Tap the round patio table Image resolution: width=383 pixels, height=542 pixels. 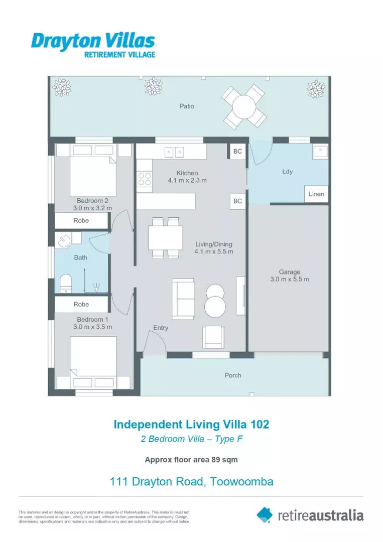click(x=244, y=106)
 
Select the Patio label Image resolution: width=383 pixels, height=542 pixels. click(x=187, y=106)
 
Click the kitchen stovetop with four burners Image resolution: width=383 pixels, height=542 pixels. click(x=145, y=180)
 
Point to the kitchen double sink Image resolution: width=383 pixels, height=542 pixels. click(x=174, y=151)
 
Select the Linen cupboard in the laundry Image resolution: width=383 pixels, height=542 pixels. click(x=316, y=194)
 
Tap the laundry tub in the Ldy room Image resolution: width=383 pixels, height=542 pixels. click(x=319, y=152)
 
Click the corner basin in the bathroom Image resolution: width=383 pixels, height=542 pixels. click(x=64, y=241)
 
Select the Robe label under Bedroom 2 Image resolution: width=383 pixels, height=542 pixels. click(x=81, y=220)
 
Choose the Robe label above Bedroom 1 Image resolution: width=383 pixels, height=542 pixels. click(x=81, y=304)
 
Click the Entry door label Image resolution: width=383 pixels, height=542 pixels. click(x=161, y=328)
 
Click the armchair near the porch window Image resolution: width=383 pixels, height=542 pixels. click(x=214, y=337)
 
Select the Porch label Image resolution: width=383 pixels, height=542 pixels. click(x=233, y=375)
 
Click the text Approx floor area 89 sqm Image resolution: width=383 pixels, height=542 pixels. click(x=191, y=459)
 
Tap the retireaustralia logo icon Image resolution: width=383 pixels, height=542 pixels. click(x=265, y=514)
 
